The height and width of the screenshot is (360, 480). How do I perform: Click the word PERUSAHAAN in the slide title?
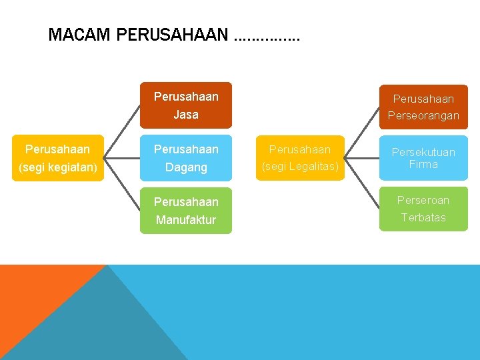pos(173,35)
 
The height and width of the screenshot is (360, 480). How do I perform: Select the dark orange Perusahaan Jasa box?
pos(186,105)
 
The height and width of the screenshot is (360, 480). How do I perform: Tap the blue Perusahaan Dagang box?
pos(186,158)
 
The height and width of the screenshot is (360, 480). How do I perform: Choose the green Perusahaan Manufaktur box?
pos(186,211)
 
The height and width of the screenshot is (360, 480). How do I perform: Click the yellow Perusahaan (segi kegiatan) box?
pos(57,158)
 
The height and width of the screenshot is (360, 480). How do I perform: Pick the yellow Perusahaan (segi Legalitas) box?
pos(299,158)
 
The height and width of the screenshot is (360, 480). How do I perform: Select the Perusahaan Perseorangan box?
pos(423,107)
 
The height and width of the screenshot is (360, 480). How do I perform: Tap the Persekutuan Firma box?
pos(423,158)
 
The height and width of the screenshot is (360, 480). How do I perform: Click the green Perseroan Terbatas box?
pos(423,209)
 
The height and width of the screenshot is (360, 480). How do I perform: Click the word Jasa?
pos(186,115)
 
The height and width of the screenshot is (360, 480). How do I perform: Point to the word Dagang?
pos(186,167)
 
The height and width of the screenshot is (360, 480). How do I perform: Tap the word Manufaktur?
pos(186,220)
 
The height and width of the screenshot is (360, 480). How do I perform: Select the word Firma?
pos(423,165)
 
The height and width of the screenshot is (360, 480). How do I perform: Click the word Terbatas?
pos(423,217)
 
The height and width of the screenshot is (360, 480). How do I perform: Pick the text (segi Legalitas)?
pos(299,166)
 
